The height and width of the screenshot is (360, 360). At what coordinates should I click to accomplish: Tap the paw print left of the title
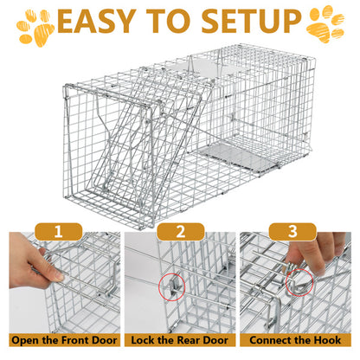35,26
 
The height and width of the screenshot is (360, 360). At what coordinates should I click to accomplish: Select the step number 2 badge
180,232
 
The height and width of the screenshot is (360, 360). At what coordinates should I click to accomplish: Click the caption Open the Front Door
61,340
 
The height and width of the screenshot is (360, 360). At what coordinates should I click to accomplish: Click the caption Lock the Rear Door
180,340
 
